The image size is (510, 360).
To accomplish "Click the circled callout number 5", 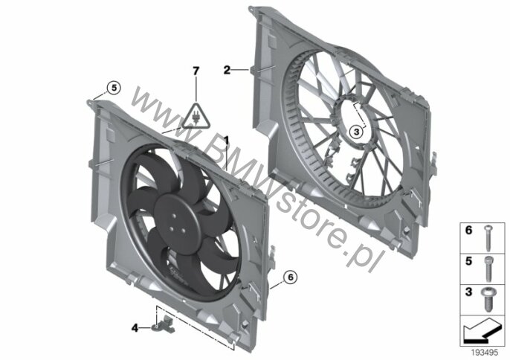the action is click(x=114, y=88).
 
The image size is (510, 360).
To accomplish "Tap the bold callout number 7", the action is click(x=196, y=71).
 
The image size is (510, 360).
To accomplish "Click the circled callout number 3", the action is click(x=357, y=132).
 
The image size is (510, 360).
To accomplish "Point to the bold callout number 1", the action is click(x=226, y=141).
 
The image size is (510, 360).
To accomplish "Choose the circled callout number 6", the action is click(x=291, y=277).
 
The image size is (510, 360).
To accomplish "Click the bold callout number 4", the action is click(x=135, y=328).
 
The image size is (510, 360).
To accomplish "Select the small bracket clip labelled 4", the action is click(x=164, y=325).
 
